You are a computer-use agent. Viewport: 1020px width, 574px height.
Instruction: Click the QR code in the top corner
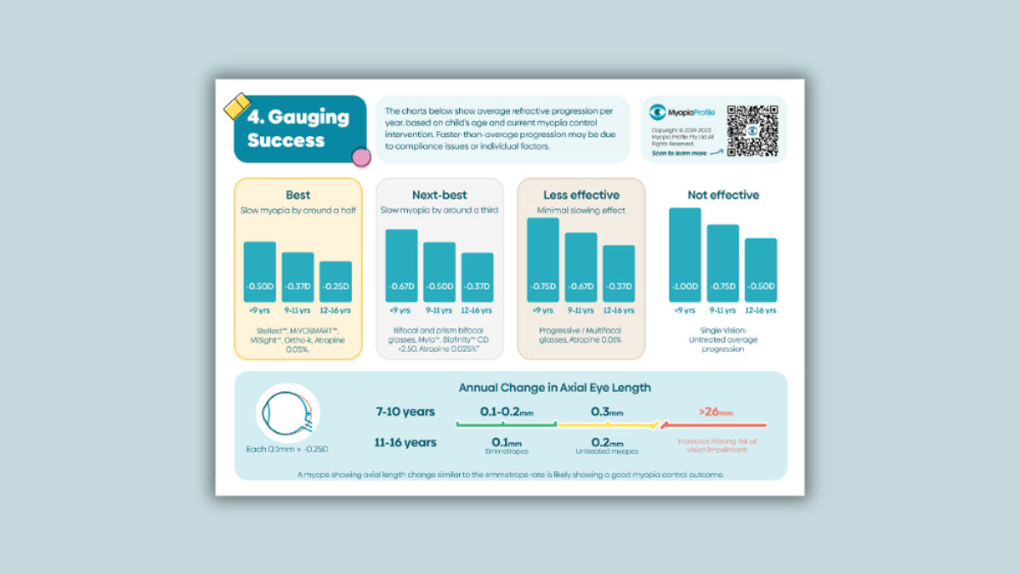[x=752, y=130]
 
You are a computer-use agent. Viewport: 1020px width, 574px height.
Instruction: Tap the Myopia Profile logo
[x=682, y=111]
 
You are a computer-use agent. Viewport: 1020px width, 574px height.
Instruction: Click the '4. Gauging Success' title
[x=297, y=128]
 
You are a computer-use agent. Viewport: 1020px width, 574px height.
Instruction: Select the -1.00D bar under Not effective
[x=684, y=255]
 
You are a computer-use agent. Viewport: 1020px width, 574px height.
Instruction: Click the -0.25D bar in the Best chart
[x=335, y=281]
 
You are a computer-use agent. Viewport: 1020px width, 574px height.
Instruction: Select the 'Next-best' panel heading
[x=439, y=195]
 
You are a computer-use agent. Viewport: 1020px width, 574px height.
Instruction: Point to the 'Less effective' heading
[x=581, y=195]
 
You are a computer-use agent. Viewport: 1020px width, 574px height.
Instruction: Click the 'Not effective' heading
[x=723, y=195]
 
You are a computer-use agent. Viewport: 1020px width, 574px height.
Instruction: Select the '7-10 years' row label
[x=405, y=412]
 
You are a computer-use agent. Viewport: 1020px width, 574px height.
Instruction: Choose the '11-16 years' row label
[x=405, y=442]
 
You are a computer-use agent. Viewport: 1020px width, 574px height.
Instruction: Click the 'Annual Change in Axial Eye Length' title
[x=554, y=388]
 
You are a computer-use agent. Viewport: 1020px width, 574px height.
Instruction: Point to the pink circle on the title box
[x=361, y=156]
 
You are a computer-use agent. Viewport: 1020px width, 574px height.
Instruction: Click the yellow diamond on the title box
[x=235, y=106]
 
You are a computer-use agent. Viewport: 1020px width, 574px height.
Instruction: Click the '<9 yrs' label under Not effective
[x=684, y=310]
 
